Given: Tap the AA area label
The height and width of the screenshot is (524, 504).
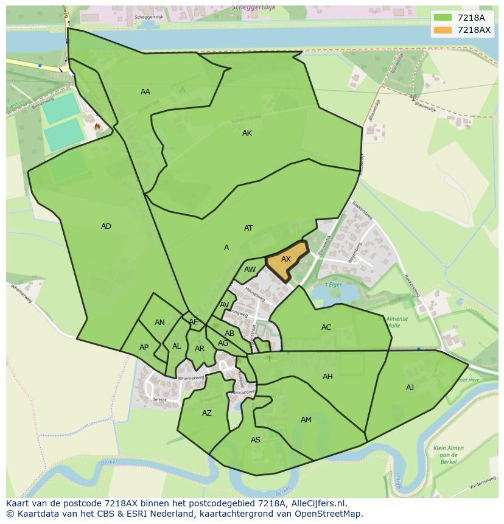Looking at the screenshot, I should coord(145,92).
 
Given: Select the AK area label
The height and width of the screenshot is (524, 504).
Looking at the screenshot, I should coord(247,133).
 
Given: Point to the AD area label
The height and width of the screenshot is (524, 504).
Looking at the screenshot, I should coord(106,226).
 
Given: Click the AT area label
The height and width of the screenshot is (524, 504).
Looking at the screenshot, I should coord(248,228).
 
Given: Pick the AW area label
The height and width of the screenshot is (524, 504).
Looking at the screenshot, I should coord(250,270).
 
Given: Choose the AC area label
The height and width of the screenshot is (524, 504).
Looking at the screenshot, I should coord(326,327).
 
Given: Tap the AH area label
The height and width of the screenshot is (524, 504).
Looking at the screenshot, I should coord(327,377).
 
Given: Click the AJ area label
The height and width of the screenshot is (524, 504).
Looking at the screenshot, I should coord(410,388).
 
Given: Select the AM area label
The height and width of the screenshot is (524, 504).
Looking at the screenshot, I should coord(306,420).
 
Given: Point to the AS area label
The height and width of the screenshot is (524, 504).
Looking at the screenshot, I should coord(256,440).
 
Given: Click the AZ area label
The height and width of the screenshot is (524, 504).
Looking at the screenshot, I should coord(207,413).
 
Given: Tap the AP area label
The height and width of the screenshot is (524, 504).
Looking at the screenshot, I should coord(144,348).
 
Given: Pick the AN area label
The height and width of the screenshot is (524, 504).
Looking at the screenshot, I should coord(159,323).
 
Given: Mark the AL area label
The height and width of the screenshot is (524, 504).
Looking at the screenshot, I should coord(177,346).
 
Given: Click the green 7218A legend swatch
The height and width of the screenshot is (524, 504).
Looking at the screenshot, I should coord(443,18).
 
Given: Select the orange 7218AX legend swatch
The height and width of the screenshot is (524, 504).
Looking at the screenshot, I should coord(443,30).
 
